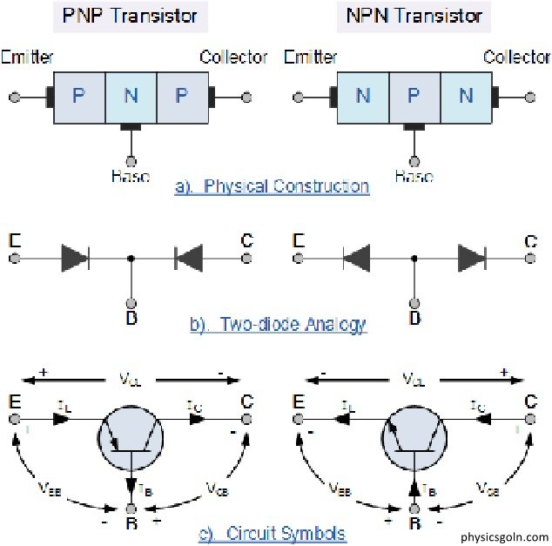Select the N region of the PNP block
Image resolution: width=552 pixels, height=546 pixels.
[x=131, y=96]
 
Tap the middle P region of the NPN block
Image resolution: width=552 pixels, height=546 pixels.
[x=414, y=96]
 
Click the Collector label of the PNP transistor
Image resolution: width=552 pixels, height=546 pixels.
[x=233, y=57]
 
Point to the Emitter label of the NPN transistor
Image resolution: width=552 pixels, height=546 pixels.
[x=312, y=57]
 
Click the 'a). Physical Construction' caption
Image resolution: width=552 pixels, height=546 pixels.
[x=272, y=185]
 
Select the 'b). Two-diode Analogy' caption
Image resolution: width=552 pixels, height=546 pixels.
[x=278, y=325]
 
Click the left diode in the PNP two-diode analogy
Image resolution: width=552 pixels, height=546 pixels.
[x=75, y=258]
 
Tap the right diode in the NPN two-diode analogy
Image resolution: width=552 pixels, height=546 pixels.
[x=471, y=258]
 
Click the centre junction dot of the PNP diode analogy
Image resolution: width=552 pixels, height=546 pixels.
[x=131, y=258]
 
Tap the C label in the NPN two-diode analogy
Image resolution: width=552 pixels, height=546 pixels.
[x=530, y=240]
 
